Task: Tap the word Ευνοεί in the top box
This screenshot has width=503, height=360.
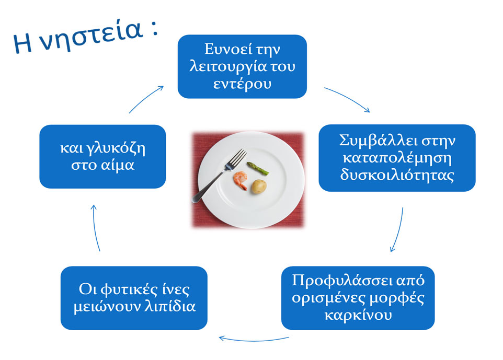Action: click(225, 49)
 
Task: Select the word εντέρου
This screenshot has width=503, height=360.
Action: click(242, 84)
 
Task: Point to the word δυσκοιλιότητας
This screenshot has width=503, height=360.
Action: click(397, 175)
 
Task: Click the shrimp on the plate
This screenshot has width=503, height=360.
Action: click(241, 180)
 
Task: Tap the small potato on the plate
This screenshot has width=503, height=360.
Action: click(258, 187)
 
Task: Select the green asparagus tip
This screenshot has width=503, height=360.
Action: click(257, 168)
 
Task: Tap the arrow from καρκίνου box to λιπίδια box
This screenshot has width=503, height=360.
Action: click(254, 340)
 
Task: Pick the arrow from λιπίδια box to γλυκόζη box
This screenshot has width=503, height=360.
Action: click(95, 228)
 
